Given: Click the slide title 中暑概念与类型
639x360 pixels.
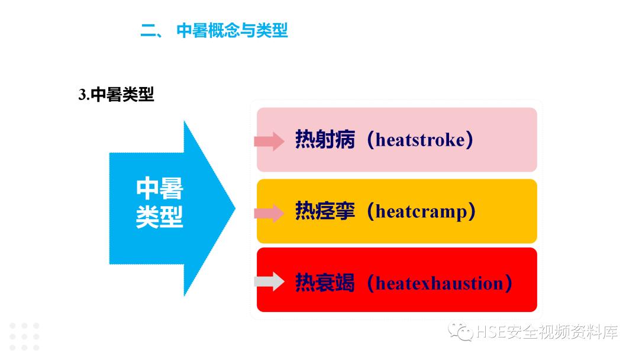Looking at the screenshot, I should pos(232,31).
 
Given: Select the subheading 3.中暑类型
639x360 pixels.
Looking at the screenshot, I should pos(116,95).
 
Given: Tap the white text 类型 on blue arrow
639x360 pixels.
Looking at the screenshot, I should pos(160,217).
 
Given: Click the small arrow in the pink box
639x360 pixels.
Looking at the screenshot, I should pos(269,141).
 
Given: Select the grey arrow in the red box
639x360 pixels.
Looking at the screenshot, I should pos(269,281).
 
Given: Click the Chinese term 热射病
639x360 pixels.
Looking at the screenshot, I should pos(325,140).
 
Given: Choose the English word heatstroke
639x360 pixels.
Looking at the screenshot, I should pos(420,140).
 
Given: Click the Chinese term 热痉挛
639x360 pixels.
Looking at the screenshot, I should pos(325,211).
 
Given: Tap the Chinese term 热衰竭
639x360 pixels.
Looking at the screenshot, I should pos(325,282).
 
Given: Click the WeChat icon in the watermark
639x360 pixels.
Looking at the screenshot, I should pos(460,332).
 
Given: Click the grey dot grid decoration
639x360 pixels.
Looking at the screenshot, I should pos(24,336).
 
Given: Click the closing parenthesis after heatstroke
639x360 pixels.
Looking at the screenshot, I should pos(469,140).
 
